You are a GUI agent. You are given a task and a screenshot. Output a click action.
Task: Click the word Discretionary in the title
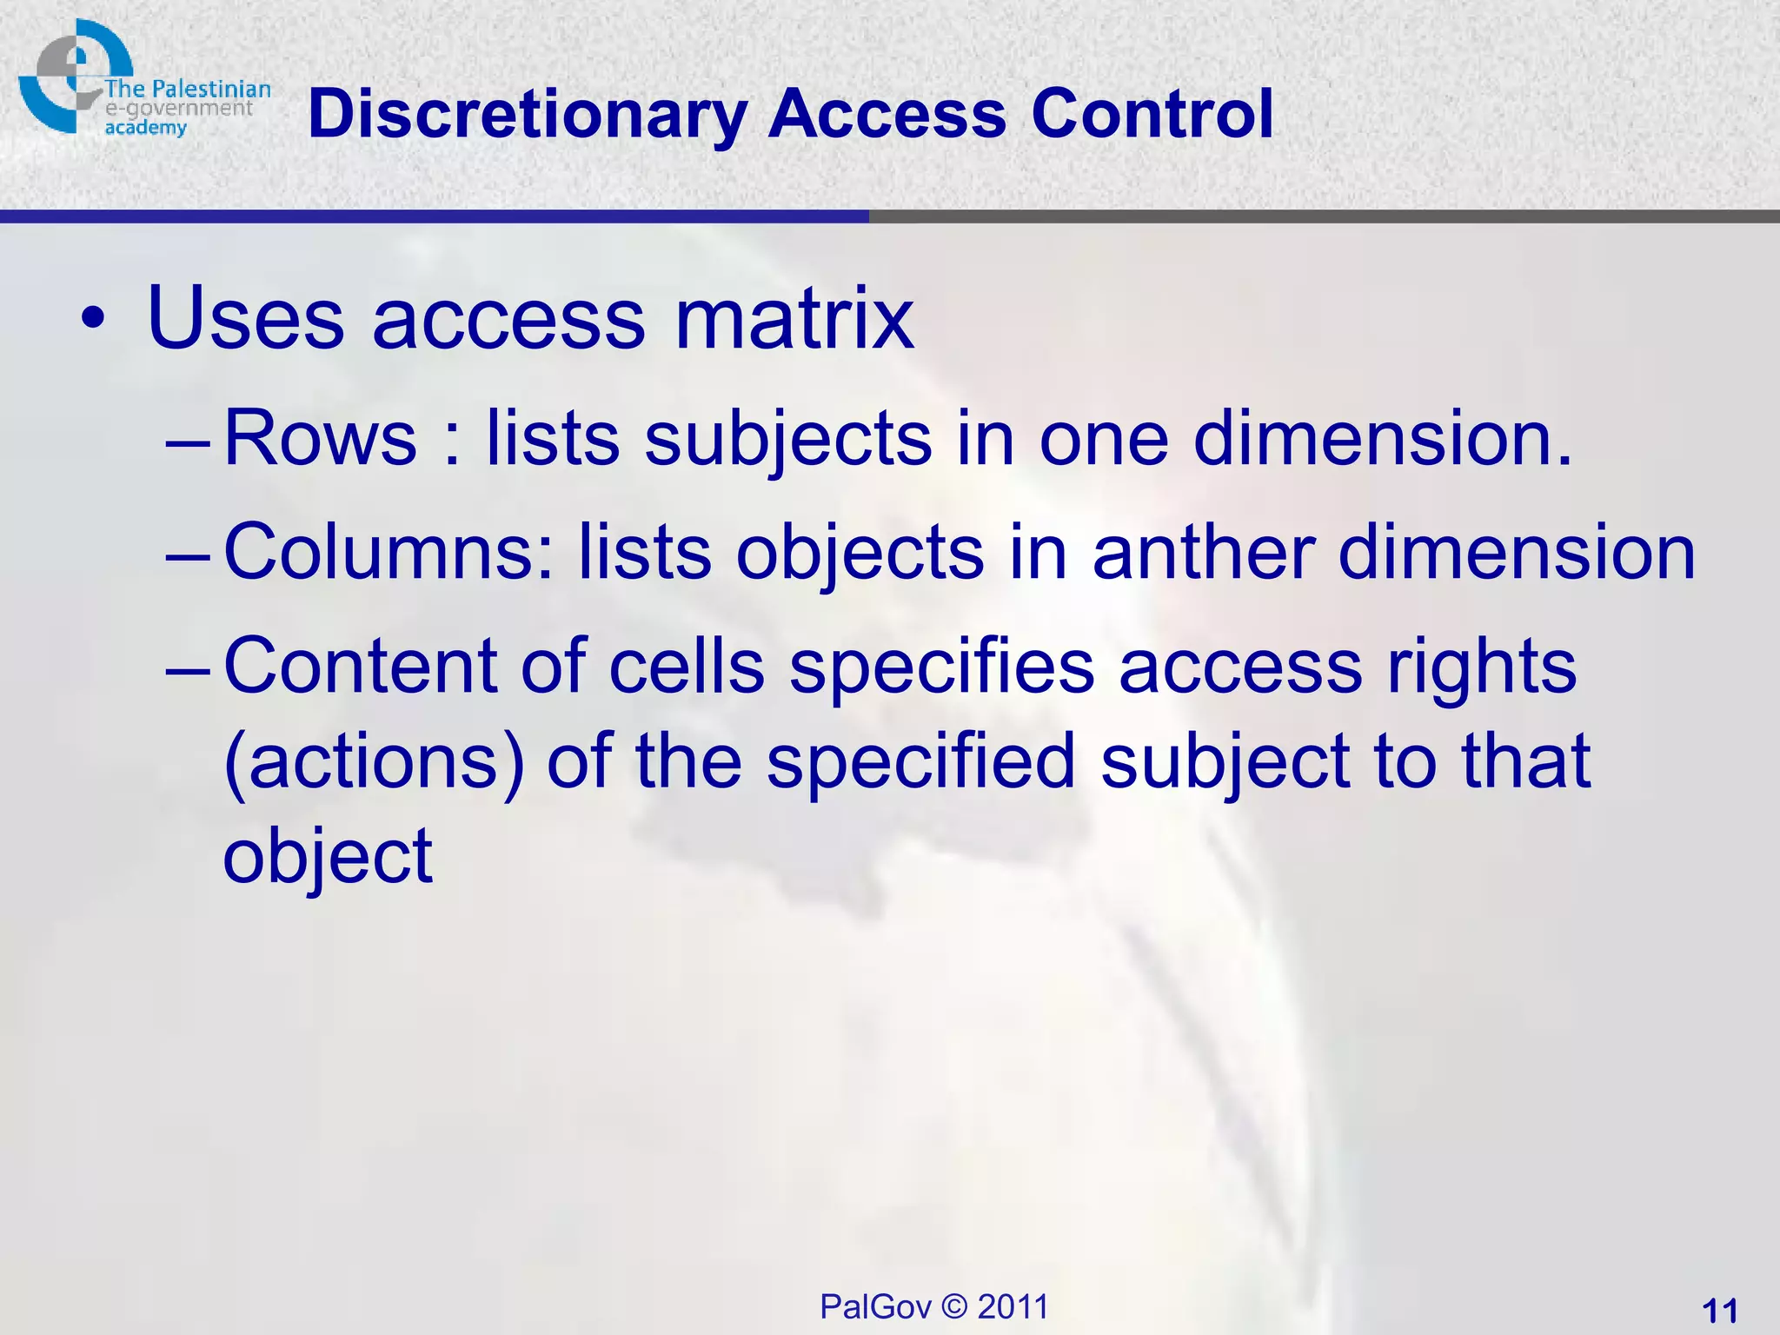[527, 115]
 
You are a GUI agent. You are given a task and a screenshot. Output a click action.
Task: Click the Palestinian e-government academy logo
[139, 83]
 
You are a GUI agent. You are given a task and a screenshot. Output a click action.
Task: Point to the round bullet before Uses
[92, 321]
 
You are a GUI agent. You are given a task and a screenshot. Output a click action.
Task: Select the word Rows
[320, 438]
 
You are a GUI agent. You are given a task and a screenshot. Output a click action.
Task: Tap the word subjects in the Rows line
[788, 440]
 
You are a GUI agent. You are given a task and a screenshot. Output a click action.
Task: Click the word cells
[687, 667]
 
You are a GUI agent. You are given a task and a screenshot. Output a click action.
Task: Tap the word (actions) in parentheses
[375, 763]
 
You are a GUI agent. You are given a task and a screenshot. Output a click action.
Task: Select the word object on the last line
[328, 858]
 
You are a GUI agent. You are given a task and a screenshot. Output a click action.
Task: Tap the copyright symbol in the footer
[954, 1306]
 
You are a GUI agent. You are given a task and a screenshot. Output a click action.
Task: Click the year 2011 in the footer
[1013, 1306]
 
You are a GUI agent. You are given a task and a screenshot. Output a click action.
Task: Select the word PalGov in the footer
[875, 1306]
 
